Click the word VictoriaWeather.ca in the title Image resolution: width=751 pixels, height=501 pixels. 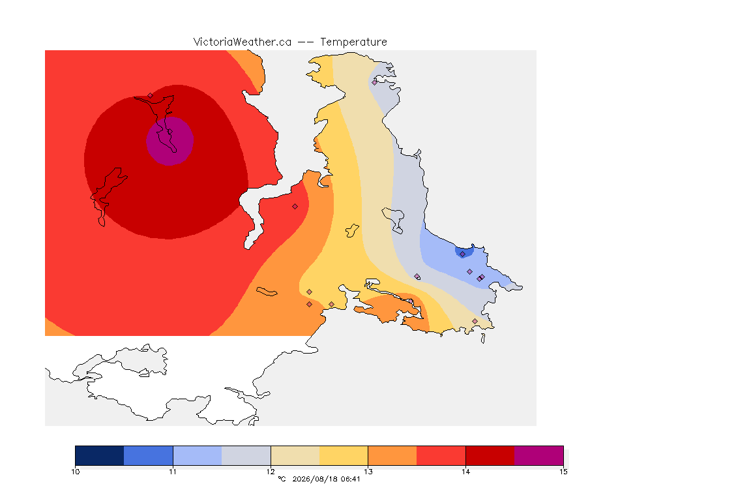click(243, 42)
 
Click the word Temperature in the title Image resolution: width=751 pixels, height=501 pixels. click(353, 42)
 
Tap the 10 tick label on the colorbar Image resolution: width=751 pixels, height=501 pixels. click(75, 472)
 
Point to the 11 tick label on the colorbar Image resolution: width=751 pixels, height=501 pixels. click(173, 472)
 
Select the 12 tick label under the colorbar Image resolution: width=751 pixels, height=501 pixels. click(271, 472)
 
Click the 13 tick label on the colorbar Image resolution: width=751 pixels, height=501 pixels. click(368, 472)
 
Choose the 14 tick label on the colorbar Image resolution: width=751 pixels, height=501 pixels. click(465, 472)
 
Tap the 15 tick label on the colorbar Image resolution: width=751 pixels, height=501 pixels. click(563, 472)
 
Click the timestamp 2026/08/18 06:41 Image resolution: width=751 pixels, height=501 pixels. click(326, 479)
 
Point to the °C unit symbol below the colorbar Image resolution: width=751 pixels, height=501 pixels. click(282, 479)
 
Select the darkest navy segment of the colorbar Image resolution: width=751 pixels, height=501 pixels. click(100, 455)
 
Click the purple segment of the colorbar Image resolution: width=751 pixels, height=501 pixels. click(539, 455)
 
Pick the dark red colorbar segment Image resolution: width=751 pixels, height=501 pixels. click(490, 455)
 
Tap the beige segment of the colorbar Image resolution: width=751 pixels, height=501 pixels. click(295, 455)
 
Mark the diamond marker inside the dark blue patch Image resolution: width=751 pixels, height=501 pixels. click(462, 254)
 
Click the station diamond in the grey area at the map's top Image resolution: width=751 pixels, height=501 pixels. click(375, 82)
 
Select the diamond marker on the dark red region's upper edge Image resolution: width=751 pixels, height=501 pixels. click(150, 95)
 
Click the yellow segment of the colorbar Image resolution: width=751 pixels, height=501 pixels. click(344, 455)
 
